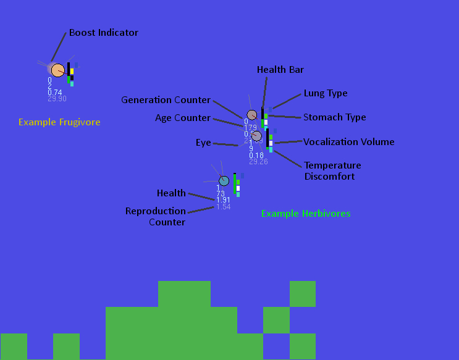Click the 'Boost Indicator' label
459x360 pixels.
[x=103, y=32]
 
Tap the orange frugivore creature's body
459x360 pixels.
[x=57, y=70]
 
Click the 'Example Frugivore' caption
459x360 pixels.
[x=59, y=122]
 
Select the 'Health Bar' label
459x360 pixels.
[x=280, y=70]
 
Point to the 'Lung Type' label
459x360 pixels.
[x=326, y=93]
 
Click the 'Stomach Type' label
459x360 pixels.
[x=334, y=117]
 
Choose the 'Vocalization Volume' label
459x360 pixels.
[x=348, y=142]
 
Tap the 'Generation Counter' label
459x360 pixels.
[x=166, y=100]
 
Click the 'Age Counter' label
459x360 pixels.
[x=182, y=118]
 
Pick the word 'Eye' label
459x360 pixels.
[x=203, y=143]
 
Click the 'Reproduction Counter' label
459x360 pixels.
[x=156, y=216]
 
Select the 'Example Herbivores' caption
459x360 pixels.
[x=306, y=214]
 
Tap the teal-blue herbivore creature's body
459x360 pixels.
[x=224, y=180]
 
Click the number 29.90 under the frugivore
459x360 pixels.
[x=57, y=98]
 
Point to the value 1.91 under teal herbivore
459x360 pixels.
[x=223, y=200]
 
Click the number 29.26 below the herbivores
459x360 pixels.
[x=258, y=162]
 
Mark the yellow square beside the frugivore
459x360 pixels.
[x=72, y=72]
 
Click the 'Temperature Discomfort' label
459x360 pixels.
[x=332, y=171]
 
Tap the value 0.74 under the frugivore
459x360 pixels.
[x=54, y=92]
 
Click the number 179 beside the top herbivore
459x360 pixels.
[x=250, y=127]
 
